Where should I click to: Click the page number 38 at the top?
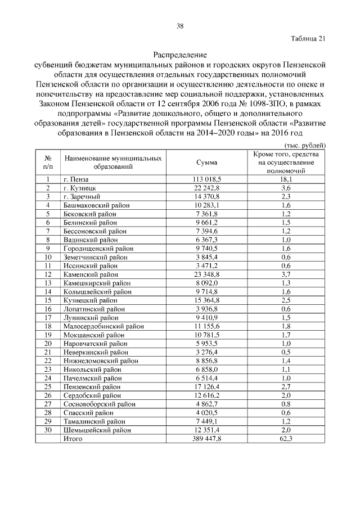[x=180, y=26]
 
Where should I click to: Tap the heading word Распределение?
[x=180, y=55]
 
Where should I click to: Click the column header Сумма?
[x=206, y=162]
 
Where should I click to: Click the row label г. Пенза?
[x=76, y=179]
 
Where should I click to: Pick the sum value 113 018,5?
[x=206, y=179]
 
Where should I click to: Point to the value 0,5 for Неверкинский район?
[x=286, y=352]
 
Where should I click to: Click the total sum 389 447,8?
[x=206, y=438]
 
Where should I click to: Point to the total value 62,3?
[x=286, y=438]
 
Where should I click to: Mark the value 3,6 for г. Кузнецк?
[x=286, y=187]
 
